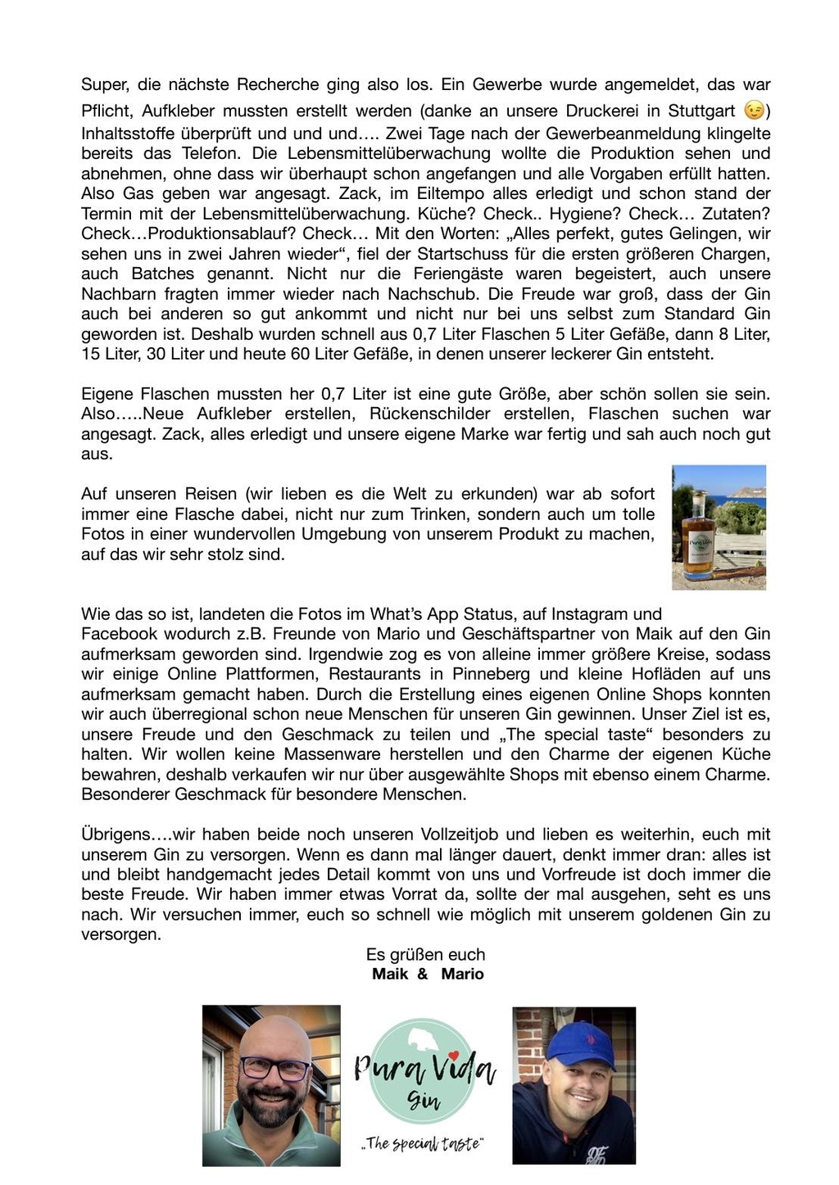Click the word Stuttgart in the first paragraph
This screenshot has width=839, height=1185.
click(x=701, y=111)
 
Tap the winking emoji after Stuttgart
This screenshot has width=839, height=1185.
click(x=753, y=111)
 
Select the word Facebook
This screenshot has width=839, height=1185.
click(x=120, y=634)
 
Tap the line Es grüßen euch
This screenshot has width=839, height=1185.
click(x=425, y=955)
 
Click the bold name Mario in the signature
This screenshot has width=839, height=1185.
click(x=462, y=975)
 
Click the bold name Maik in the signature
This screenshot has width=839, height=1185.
click(x=390, y=975)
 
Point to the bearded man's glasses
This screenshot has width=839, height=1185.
click(x=270, y=1068)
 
